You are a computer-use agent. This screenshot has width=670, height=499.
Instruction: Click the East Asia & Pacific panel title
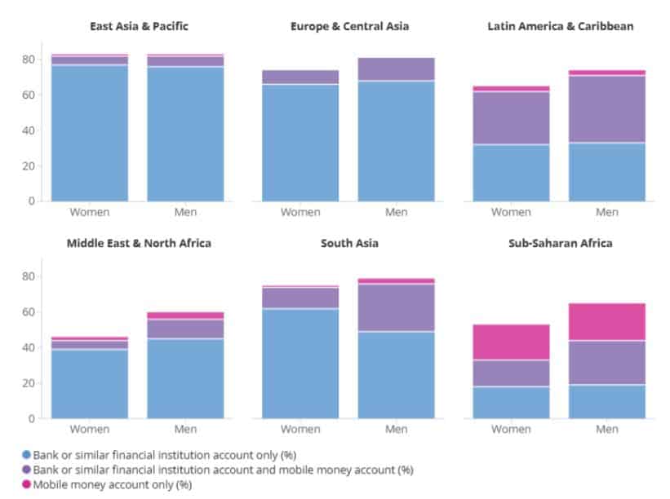(x=139, y=26)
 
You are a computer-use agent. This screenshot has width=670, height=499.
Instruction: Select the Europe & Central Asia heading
(x=349, y=26)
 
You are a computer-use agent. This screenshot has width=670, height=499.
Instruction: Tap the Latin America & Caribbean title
(x=560, y=26)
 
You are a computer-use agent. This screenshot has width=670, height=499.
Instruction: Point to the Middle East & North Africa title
(x=139, y=243)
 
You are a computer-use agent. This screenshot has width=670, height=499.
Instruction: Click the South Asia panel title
(x=349, y=243)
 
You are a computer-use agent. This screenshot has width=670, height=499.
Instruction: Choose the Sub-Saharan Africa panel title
(x=560, y=243)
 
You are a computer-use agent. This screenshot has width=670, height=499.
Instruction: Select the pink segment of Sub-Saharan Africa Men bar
(x=607, y=321)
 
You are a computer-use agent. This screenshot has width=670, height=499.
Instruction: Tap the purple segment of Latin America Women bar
(x=512, y=117)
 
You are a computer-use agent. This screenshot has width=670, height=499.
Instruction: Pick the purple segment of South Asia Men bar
(x=397, y=307)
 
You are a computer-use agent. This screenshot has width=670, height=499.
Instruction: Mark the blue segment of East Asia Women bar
(x=90, y=132)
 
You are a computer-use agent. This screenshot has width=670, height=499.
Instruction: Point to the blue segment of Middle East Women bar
(x=90, y=383)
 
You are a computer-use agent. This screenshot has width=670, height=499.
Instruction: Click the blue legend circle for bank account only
(x=27, y=454)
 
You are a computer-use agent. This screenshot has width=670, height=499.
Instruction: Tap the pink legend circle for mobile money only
(x=27, y=484)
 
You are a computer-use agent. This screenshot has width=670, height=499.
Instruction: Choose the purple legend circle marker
(x=27, y=470)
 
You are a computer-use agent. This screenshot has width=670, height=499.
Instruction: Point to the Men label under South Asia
(x=397, y=429)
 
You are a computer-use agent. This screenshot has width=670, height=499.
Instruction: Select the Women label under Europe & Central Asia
(x=301, y=212)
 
